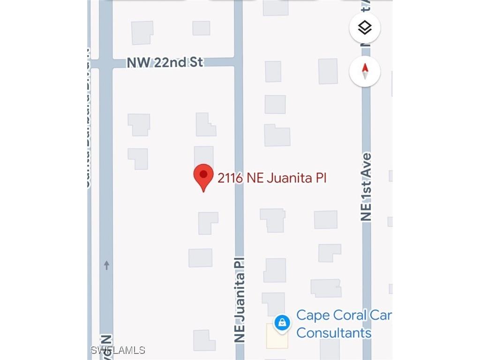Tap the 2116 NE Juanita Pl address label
pyautogui.click(x=271, y=178)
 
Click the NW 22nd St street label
pyautogui.click(x=165, y=62)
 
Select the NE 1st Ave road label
pyautogui.click(x=366, y=187)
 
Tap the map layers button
pyautogui.click(x=365, y=28)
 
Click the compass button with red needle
pyautogui.click(x=365, y=71)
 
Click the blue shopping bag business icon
pyautogui.click(x=282, y=323)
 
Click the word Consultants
pyautogui.click(x=334, y=333)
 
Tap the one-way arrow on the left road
pyautogui.click(x=106, y=265)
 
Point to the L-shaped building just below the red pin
pyautogui.click(x=207, y=223)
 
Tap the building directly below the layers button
pyautogui.click(x=328, y=71)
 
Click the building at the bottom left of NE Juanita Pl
pyautogui.click(x=204, y=340)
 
